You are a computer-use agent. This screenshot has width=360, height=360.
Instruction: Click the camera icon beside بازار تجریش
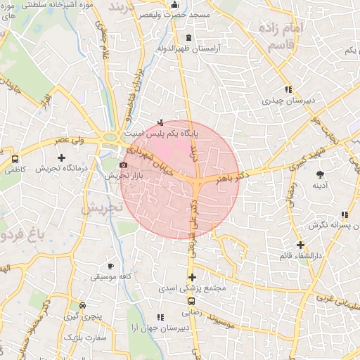(124, 165)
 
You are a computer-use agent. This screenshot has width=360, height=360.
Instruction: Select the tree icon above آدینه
(321, 173)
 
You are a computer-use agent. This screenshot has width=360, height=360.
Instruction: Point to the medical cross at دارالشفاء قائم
(300, 245)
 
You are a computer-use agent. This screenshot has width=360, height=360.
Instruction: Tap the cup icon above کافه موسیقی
(110, 266)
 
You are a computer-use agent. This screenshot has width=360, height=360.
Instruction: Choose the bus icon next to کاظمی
(15, 159)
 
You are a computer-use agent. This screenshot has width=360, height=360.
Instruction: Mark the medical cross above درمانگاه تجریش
(61, 157)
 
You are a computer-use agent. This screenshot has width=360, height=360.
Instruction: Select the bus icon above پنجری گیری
(84, 306)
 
